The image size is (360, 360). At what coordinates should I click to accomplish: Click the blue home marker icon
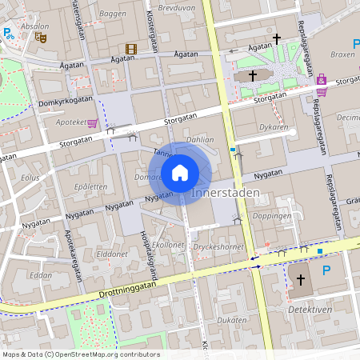click(x=179, y=172)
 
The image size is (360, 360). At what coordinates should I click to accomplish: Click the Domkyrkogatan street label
click(x=63, y=102)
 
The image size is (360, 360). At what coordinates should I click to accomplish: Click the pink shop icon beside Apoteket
click(x=92, y=124)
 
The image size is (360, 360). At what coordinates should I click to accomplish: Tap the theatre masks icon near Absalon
click(x=41, y=37)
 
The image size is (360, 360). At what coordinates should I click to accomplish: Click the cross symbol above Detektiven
click(x=301, y=280)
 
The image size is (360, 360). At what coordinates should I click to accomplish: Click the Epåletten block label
click(x=90, y=186)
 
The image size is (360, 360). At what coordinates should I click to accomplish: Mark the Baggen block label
click(x=113, y=14)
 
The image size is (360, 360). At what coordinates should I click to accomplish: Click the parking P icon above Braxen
click(x=356, y=44)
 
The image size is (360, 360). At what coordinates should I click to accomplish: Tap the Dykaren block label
click(x=273, y=127)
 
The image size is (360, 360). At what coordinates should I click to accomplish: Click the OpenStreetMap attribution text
click(x=80, y=354)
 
